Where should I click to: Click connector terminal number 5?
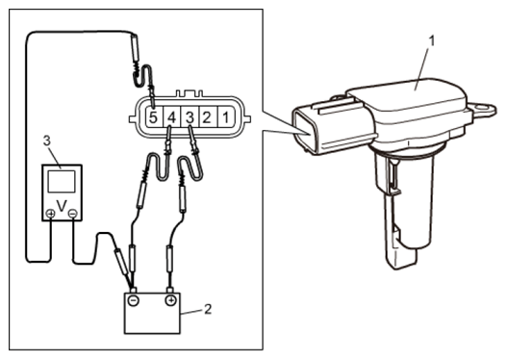point(154,116)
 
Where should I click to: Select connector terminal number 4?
point(171,116)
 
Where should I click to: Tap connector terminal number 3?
point(190,116)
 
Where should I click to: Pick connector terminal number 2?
point(207,116)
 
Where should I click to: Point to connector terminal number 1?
point(225,116)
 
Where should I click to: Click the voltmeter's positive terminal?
point(50,214)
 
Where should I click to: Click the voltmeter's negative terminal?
point(73,214)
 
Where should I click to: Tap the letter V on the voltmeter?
point(62,206)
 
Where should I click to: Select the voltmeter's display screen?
point(62,181)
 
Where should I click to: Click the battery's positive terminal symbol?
point(170,301)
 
